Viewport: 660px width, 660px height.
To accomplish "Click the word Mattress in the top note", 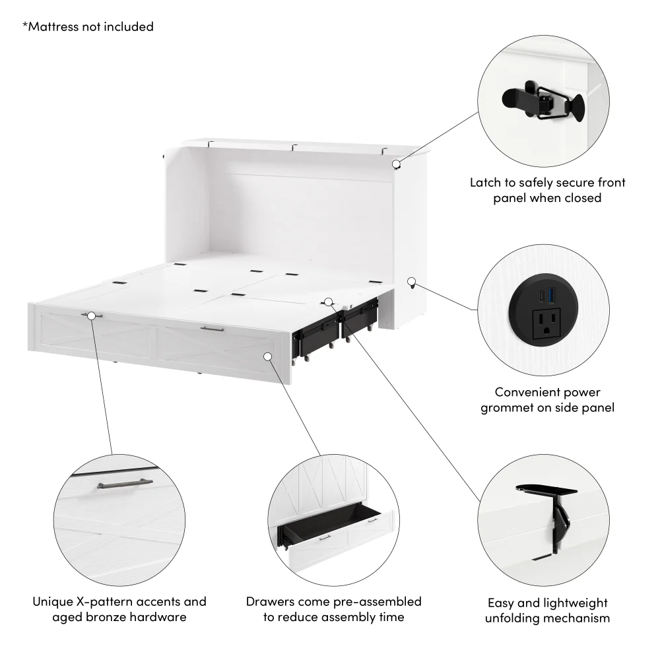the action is (x=55, y=27).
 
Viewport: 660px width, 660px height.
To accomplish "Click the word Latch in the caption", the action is (x=486, y=182).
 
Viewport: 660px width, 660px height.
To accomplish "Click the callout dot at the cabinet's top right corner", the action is (x=396, y=164).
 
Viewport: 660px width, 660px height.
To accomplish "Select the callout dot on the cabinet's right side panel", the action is (x=411, y=282).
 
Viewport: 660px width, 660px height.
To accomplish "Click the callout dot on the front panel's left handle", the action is (x=92, y=315).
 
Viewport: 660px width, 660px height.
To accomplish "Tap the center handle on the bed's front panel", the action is (x=213, y=328).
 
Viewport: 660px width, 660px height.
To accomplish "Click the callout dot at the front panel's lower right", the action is (x=268, y=356).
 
